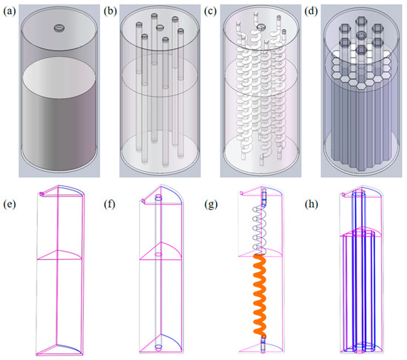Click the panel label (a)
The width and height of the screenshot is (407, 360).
[10, 12]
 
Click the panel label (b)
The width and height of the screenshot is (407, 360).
[110, 12]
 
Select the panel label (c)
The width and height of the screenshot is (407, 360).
[210, 12]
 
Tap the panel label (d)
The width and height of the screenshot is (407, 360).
[312, 12]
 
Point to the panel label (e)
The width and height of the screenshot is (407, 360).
[10, 204]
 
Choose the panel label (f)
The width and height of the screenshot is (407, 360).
[110, 204]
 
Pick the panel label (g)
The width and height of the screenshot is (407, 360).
[211, 204]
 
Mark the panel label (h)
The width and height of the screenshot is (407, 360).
[312, 204]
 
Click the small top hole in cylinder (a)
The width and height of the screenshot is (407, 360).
[60, 28]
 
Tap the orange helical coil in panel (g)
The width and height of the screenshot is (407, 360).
[260, 295]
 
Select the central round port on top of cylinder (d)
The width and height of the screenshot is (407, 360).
[361, 36]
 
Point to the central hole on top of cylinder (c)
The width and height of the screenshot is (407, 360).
[261, 27]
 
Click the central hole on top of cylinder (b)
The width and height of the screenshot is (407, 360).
[160, 27]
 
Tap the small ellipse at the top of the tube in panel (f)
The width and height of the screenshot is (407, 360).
[158, 199]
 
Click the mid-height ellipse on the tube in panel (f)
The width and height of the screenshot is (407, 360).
[158, 254]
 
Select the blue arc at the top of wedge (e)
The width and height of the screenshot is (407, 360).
[72, 189]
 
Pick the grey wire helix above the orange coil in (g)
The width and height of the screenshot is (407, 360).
[260, 230]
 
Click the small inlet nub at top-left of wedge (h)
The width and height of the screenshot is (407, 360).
[343, 194]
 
